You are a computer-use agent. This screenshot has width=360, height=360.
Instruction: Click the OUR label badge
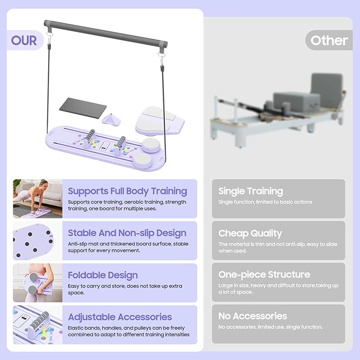click(25, 40)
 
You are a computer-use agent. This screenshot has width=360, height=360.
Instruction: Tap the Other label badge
click(329, 40)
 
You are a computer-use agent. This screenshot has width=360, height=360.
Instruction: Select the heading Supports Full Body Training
click(127, 191)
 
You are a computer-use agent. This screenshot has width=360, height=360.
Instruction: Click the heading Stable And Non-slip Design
click(127, 233)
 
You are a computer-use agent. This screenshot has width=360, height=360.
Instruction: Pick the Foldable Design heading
click(103, 275)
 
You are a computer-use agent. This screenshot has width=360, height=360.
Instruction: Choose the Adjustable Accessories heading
click(120, 317)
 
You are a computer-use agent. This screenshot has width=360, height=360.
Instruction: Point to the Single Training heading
click(251, 191)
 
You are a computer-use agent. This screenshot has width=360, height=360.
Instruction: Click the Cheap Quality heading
click(250, 233)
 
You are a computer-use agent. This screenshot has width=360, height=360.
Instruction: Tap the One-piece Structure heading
click(264, 275)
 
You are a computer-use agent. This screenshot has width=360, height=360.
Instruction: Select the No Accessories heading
click(252, 316)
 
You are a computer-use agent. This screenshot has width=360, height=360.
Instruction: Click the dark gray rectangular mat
click(83, 108)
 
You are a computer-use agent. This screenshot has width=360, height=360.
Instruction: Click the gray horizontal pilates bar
click(106, 34)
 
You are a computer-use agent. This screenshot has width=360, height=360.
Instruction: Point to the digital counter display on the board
click(105, 146)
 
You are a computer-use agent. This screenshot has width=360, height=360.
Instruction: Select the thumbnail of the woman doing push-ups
click(38, 199)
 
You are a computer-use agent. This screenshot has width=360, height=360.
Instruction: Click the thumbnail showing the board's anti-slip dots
click(38, 241)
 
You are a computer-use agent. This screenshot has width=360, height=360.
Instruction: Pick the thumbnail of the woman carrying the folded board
click(38, 283)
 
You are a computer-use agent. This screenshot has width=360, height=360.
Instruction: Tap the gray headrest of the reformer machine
click(327, 90)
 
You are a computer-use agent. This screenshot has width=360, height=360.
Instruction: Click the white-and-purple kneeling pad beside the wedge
click(160, 120)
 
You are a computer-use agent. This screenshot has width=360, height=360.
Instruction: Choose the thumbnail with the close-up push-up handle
click(38, 324)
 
